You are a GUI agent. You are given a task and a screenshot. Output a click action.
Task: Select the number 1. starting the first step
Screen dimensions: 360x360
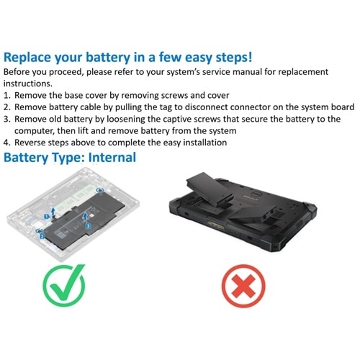[x=8, y=96]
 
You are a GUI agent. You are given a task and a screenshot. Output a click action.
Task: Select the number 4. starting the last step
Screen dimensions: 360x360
[x=8, y=143]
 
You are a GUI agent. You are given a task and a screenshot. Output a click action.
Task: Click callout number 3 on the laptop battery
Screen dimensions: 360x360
[x=87, y=225]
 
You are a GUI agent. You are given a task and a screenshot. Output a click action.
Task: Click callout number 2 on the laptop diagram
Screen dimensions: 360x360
[x=42, y=235]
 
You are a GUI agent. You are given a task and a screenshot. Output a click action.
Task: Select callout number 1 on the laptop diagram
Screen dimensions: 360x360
[x=48, y=215]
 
